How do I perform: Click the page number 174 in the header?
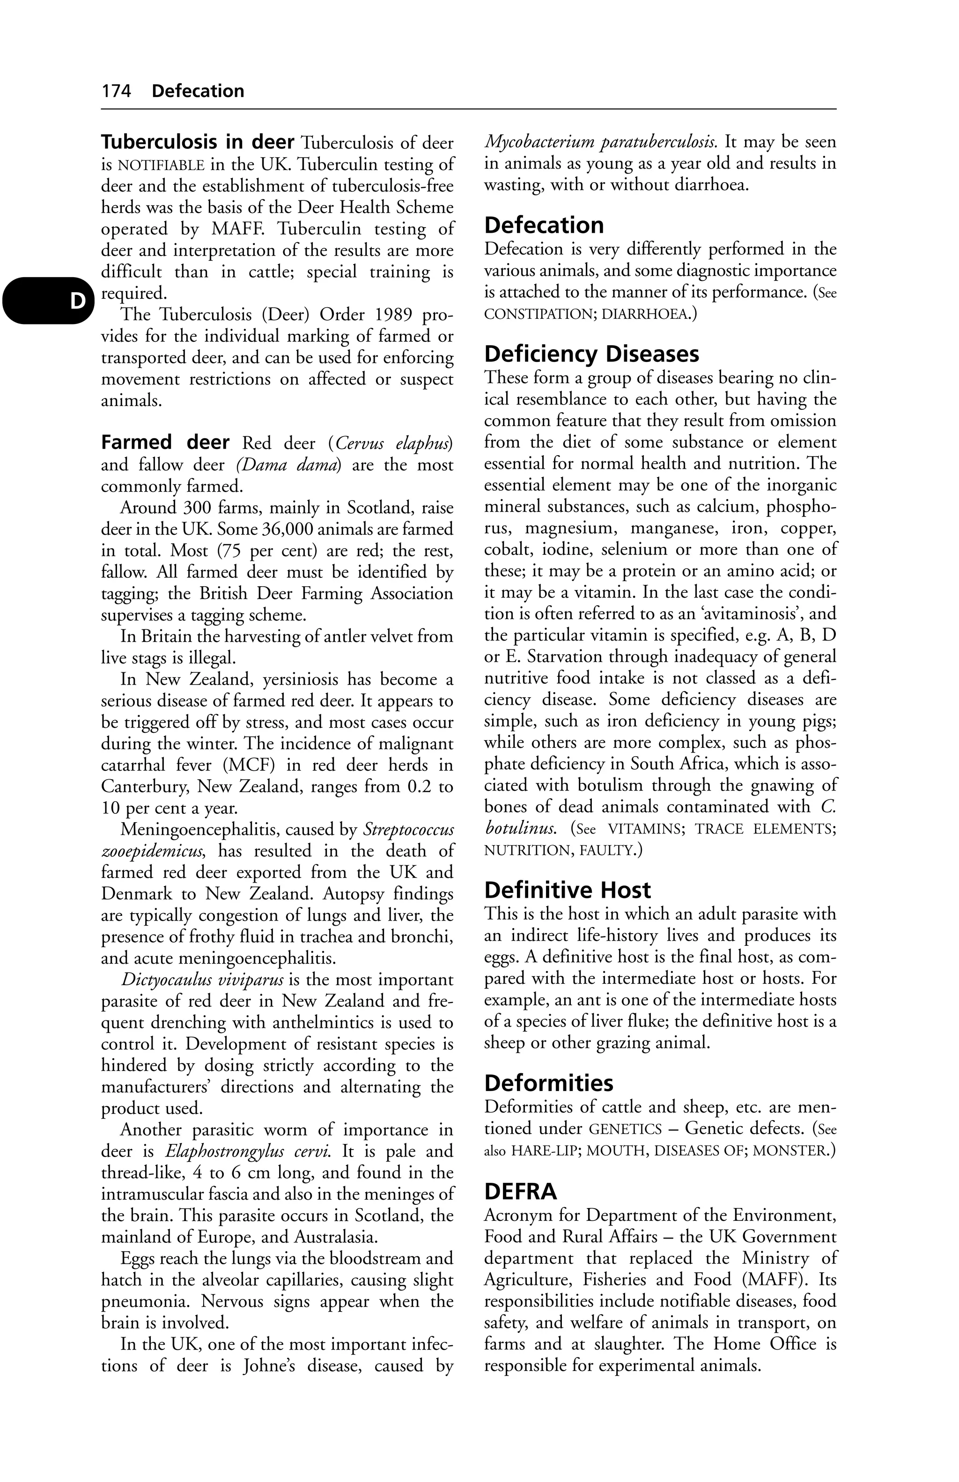(117, 91)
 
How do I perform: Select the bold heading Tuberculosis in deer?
(198, 142)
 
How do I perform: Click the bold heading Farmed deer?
(165, 443)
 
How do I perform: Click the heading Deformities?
(549, 1084)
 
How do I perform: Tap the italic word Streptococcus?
(408, 829)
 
